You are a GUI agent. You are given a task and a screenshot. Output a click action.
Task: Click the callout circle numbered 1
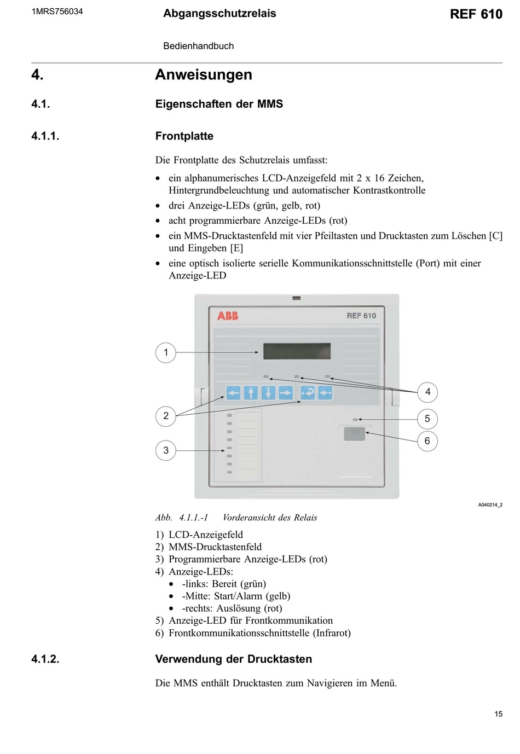click(x=166, y=352)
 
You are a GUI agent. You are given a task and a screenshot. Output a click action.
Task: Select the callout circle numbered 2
click(x=166, y=416)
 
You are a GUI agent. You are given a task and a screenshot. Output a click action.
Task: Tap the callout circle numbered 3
click(x=166, y=450)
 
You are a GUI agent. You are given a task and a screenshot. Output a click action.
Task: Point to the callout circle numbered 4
click(x=427, y=392)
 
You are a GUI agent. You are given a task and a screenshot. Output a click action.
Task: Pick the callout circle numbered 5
click(x=427, y=419)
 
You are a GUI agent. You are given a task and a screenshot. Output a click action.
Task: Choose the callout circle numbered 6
click(x=427, y=441)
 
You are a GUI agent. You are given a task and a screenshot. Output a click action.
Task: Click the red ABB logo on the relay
click(x=228, y=316)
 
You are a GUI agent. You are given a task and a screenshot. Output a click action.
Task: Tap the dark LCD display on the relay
click(x=297, y=351)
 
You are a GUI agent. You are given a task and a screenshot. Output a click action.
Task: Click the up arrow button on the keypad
click(x=251, y=392)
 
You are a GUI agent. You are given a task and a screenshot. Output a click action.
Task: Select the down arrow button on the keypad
click(x=268, y=392)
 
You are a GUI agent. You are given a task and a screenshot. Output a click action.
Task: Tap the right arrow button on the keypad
click(x=286, y=392)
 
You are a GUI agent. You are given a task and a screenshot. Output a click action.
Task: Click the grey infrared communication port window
click(x=354, y=434)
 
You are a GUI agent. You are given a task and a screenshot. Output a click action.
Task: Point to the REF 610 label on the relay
click(x=361, y=316)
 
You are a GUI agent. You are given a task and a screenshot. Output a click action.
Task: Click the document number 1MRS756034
click(x=57, y=11)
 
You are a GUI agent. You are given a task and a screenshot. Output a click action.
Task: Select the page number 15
click(x=498, y=714)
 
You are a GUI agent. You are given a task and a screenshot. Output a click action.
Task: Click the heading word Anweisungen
click(x=204, y=74)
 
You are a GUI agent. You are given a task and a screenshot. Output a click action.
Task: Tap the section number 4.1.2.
click(x=45, y=659)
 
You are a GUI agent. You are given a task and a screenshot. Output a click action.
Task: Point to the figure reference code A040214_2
click(x=490, y=504)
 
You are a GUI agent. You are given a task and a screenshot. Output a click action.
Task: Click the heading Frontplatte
click(x=184, y=136)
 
